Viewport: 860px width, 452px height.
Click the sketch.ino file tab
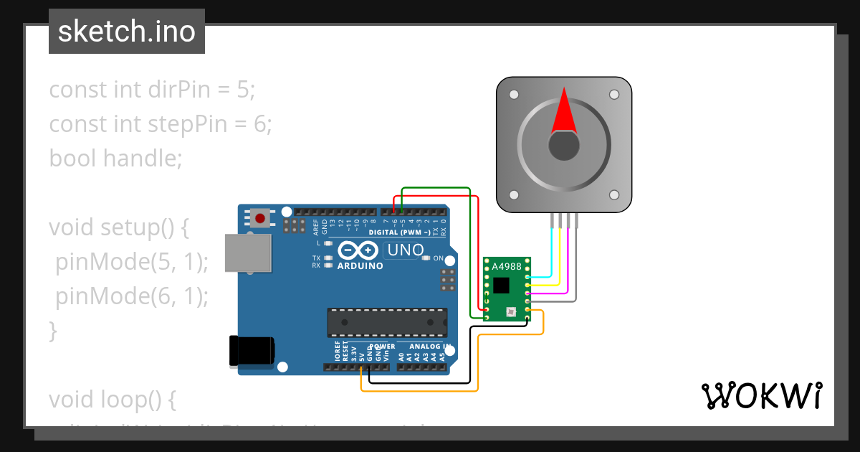[127, 32]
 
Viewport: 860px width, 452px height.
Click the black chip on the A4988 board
[501, 285]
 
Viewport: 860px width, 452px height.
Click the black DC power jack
[250, 351]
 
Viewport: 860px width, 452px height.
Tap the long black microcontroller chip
[387, 322]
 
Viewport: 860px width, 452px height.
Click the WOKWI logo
[761, 396]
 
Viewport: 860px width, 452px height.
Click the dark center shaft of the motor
[563, 146]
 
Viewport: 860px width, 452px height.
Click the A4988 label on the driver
[506, 267]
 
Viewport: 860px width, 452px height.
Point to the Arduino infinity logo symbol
[356, 250]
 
